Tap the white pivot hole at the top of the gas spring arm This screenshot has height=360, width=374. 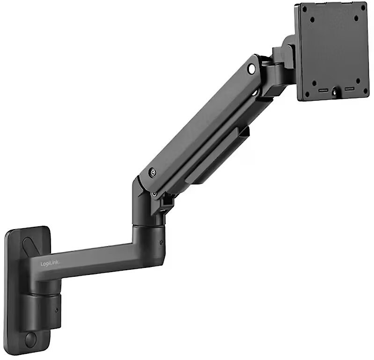tap(251, 69)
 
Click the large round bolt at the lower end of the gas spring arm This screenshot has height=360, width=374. tap(152, 172)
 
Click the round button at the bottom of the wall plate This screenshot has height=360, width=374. tap(30, 339)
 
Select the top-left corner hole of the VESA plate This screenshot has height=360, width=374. tap(304, 9)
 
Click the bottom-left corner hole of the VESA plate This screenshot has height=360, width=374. tap(307, 94)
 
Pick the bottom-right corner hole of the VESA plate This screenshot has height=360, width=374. tap(365, 91)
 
